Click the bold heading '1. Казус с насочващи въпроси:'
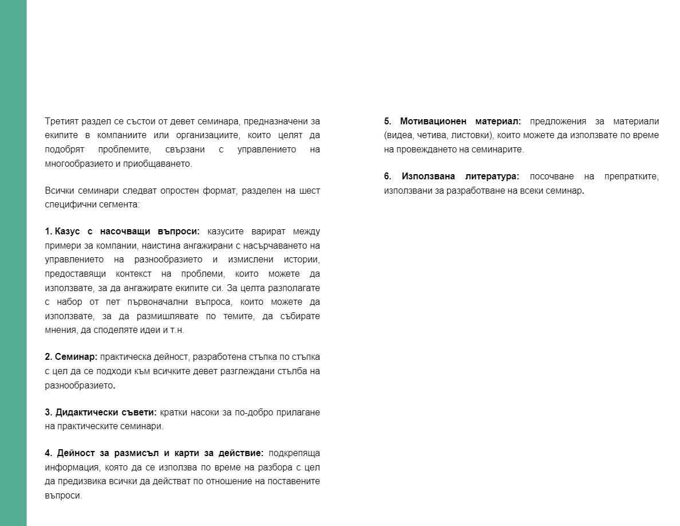pos(122,231)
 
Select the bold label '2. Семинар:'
pos(71,357)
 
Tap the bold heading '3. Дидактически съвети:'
pos(101,413)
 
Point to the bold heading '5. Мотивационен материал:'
pos(452,121)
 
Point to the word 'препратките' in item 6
pos(631,176)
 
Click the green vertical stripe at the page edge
pos(13,263)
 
